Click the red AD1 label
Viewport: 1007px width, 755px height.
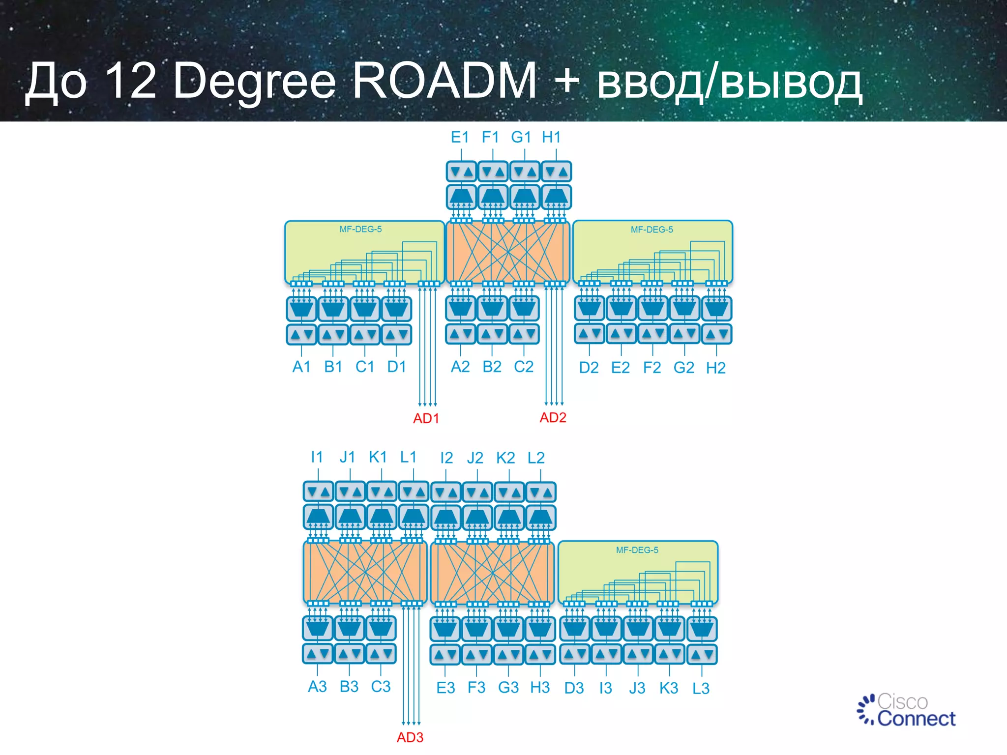tap(426, 418)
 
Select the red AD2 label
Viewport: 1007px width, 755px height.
tap(553, 417)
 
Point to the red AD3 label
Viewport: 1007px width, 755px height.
tap(410, 737)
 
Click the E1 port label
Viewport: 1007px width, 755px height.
tap(460, 137)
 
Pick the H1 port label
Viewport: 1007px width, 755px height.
tap(551, 137)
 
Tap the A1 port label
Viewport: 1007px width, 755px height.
tap(301, 367)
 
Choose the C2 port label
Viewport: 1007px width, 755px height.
tap(524, 367)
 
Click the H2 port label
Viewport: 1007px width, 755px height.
tap(715, 368)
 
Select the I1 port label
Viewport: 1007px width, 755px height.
tap(317, 457)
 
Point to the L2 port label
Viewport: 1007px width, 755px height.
tap(536, 458)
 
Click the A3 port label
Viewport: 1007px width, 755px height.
tap(317, 686)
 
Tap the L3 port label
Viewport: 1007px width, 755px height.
tap(701, 688)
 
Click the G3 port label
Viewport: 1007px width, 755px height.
tap(508, 687)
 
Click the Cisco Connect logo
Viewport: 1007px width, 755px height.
tap(906, 711)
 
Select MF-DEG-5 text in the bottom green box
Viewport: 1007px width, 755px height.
tap(637, 550)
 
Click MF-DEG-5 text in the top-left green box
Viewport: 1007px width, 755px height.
tap(360, 229)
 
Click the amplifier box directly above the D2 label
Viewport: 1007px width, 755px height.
tap(590, 334)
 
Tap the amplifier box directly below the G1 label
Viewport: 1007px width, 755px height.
tap(525, 172)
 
